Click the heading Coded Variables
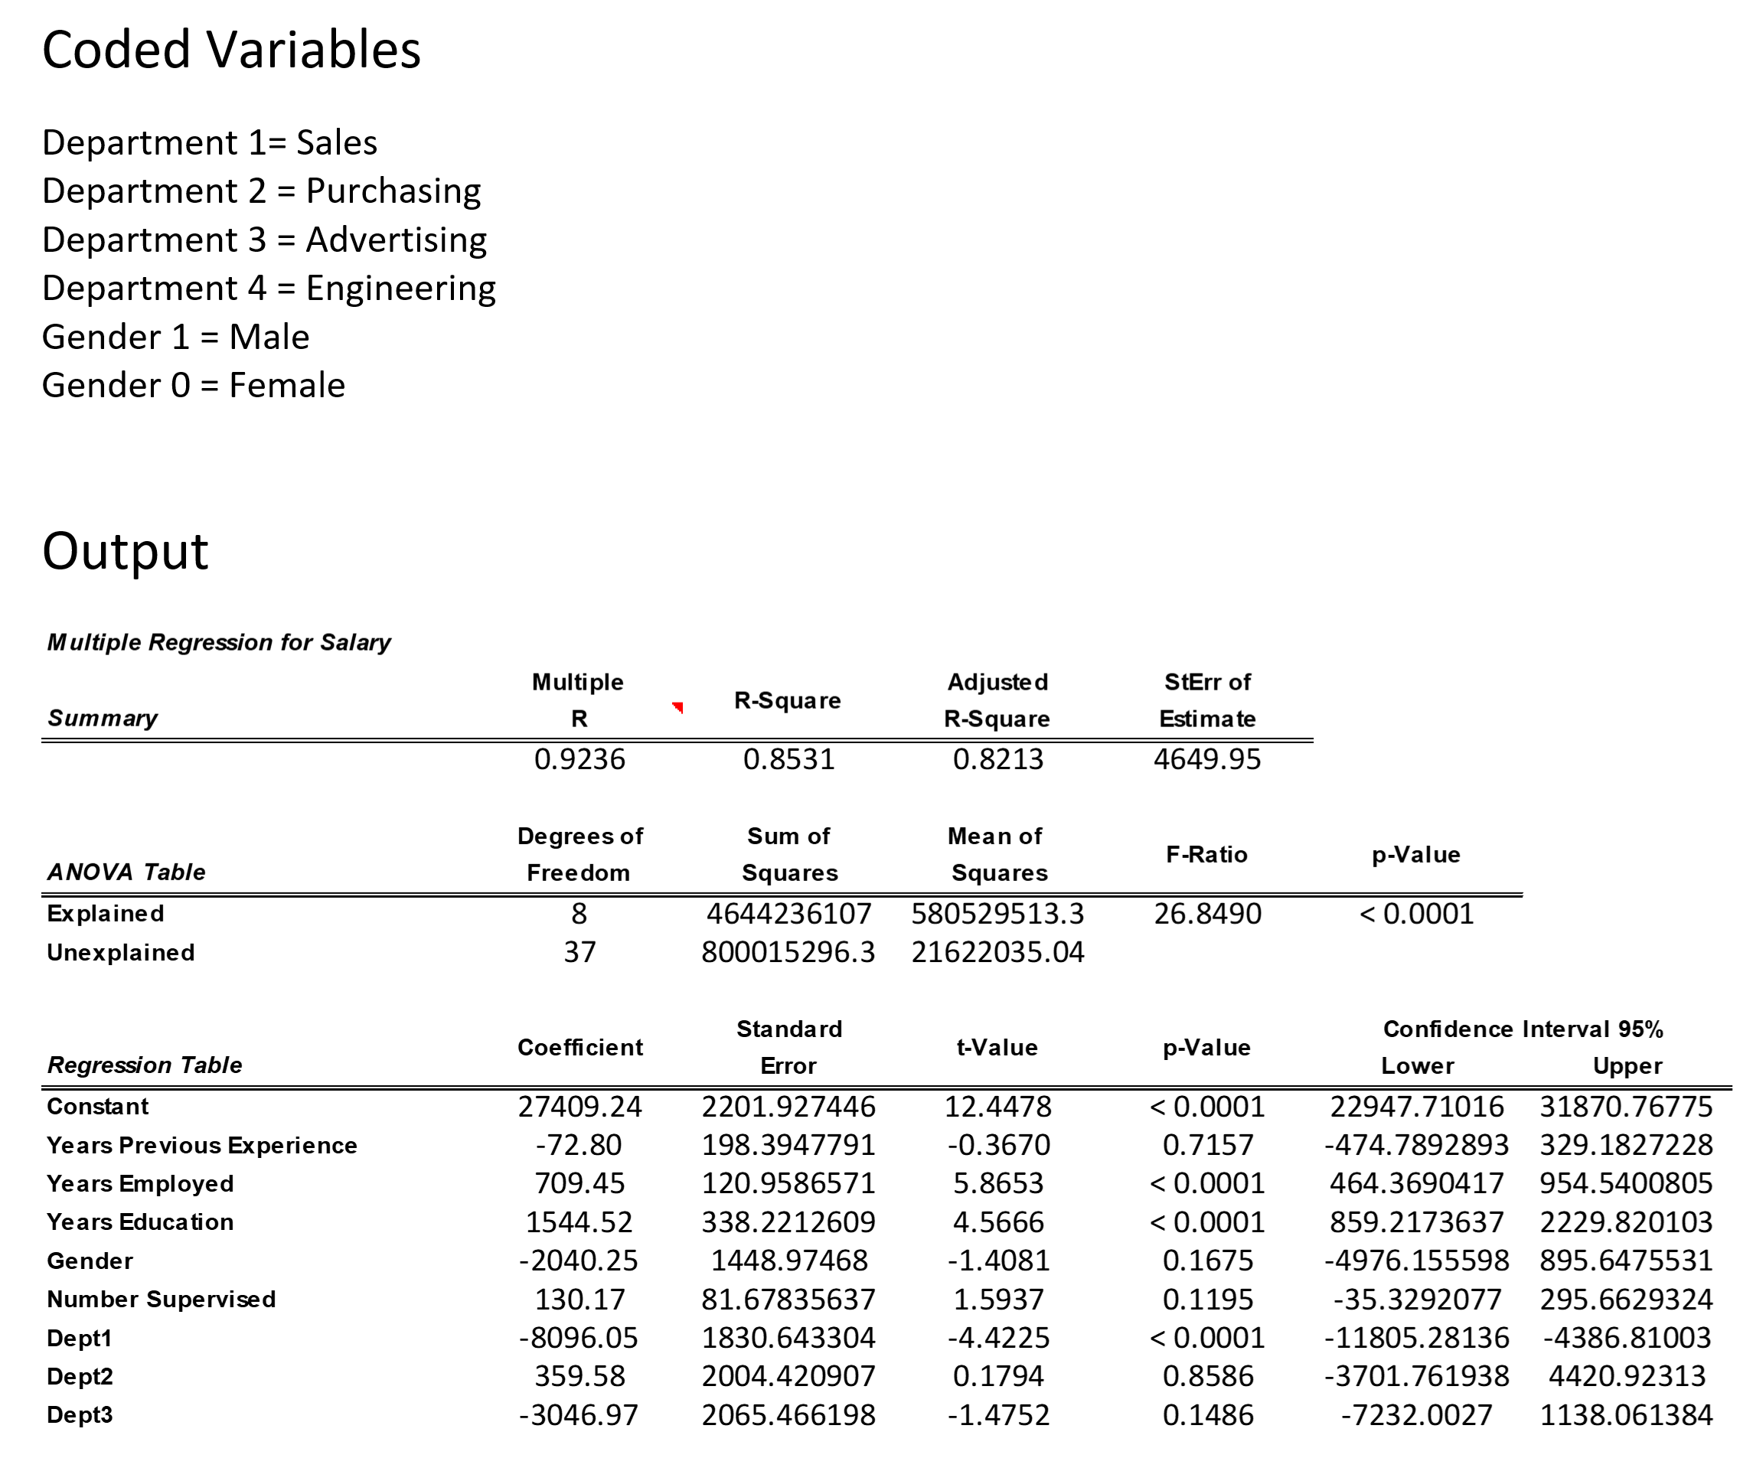point(231,50)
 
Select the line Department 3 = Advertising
point(265,240)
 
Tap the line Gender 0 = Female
point(193,386)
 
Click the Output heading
point(126,552)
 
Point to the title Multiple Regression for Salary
point(219,643)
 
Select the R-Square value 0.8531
point(788,759)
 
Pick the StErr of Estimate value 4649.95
point(1207,759)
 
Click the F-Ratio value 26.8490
point(1207,914)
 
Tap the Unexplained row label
point(120,953)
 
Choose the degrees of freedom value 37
point(579,952)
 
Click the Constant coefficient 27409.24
point(579,1107)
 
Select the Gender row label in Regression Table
point(90,1261)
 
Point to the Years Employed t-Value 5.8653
point(998,1183)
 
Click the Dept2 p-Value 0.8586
point(1208,1376)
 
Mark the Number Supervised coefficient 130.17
point(579,1300)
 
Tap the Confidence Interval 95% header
point(1523,1029)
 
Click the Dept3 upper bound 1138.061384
point(1626,1415)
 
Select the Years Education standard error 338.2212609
point(788,1222)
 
